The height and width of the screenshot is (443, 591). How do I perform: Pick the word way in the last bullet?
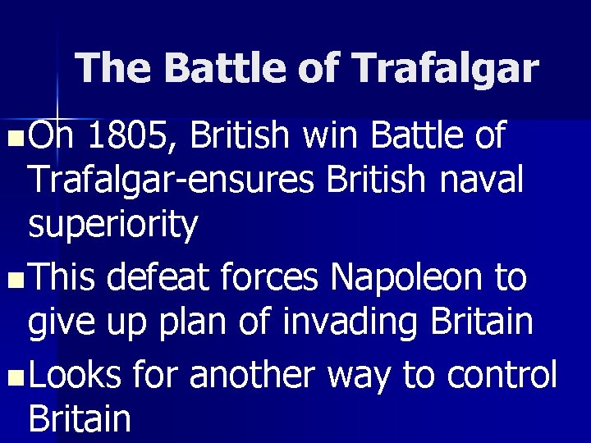(x=360, y=377)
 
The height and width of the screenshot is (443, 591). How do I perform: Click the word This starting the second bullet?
(x=63, y=280)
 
